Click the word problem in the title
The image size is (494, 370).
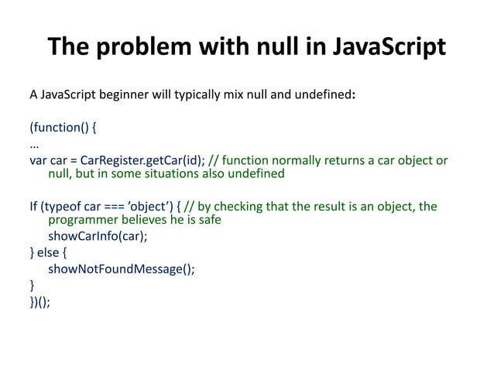pyautogui.click(x=146, y=47)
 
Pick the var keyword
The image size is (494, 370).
pyautogui.click(x=39, y=160)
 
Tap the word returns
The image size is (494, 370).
pyautogui.click(x=341, y=160)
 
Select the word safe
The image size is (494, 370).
pyautogui.click(x=208, y=220)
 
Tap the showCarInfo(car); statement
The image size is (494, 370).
pyautogui.click(x=97, y=236)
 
